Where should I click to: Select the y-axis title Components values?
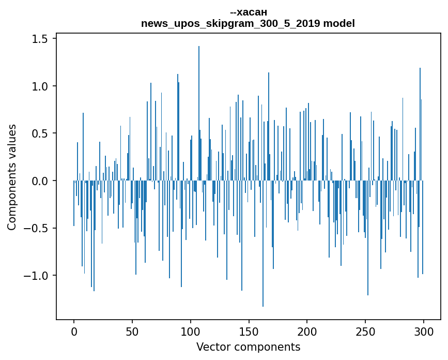(12, 177)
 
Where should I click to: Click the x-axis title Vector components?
(248, 347)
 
